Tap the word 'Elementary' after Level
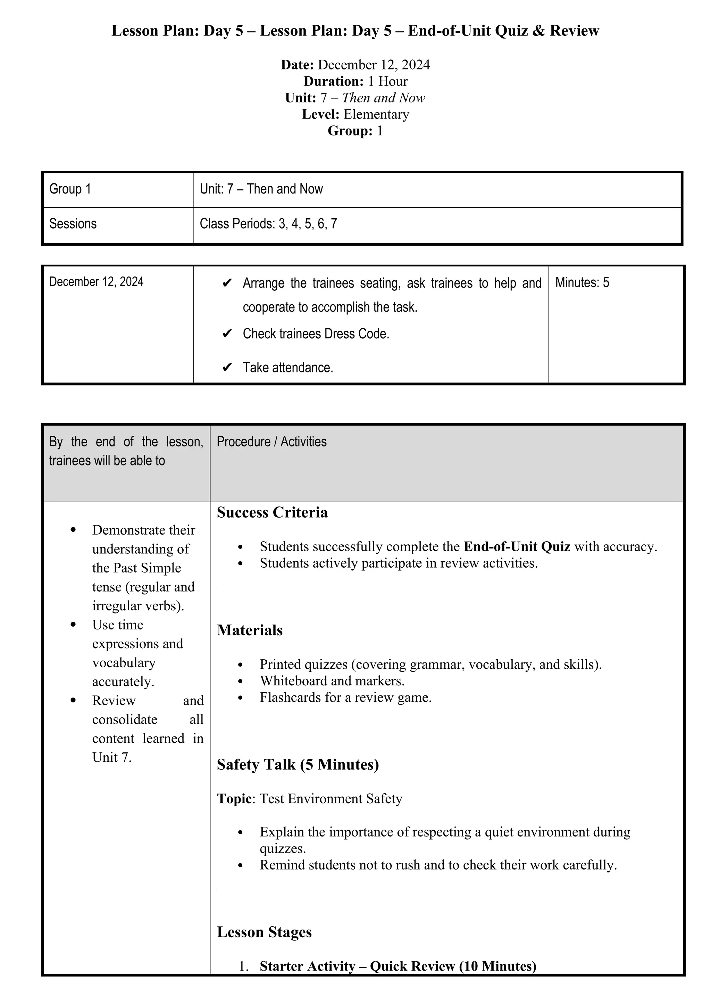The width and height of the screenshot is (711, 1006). click(x=376, y=114)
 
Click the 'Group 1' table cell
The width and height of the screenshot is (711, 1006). click(x=70, y=189)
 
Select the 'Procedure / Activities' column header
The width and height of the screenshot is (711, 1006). click(x=271, y=442)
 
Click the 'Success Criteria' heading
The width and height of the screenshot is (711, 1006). click(x=272, y=512)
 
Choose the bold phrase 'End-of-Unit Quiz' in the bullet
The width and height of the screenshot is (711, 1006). click(x=517, y=547)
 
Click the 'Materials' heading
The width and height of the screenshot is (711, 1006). click(x=250, y=630)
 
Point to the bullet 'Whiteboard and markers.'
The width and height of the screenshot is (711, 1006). click(x=332, y=681)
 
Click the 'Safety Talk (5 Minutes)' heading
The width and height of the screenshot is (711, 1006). click(x=298, y=765)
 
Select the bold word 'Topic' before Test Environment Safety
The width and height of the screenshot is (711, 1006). click(x=234, y=799)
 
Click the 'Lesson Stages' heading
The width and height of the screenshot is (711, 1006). click(x=264, y=932)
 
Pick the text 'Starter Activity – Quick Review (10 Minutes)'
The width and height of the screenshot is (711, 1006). click(x=398, y=966)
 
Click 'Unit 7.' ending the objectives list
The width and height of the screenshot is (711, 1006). click(x=112, y=758)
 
